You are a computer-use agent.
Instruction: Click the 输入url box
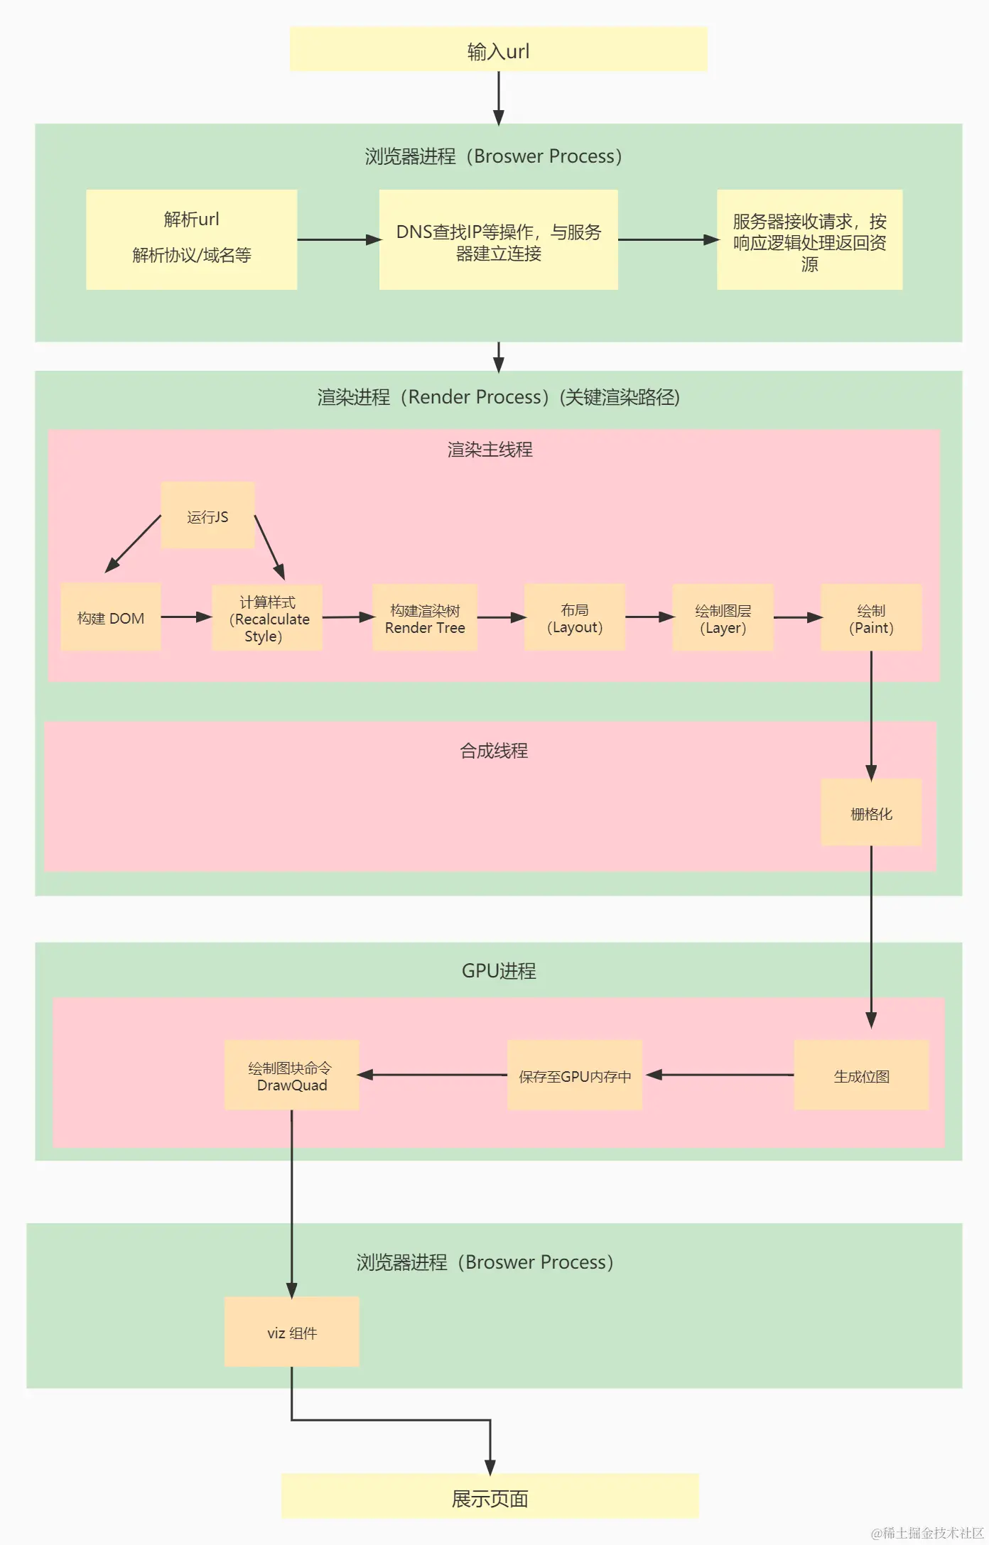498,50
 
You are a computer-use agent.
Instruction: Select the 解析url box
191,239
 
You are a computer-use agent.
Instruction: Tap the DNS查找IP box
498,240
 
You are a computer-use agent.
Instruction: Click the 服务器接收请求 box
809,240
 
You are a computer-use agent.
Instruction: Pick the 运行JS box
207,516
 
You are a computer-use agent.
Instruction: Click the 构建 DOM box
111,617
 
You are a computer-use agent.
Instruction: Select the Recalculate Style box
267,618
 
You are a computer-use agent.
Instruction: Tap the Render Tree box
425,618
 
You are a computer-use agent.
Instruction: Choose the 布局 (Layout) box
574,618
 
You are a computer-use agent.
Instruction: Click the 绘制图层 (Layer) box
723,618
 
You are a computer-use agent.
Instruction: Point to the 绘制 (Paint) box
871,618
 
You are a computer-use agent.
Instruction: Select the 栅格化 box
871,813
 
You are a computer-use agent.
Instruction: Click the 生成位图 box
861,1075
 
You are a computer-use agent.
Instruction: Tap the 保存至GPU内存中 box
574,1075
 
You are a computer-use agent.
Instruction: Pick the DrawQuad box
291,1075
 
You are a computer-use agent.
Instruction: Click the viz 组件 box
291,1333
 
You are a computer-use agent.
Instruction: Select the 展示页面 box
490,1497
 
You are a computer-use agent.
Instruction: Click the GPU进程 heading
499,970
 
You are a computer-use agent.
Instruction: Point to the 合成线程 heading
493,750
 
